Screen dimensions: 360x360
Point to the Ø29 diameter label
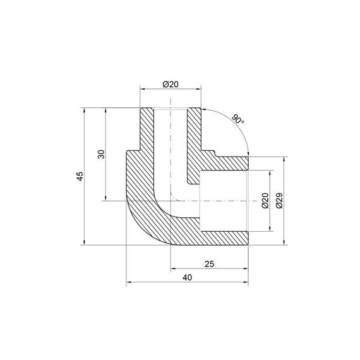tap(279, 201)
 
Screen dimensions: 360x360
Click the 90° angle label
tap(237, 119)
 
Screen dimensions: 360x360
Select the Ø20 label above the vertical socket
tap(170, 84)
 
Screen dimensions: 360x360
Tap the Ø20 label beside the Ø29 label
tap(265, 201)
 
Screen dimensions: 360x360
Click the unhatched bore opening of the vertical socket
tap(171, 139)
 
